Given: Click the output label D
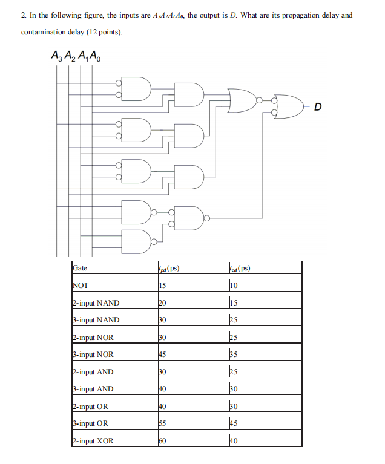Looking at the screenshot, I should (x=319, y=108).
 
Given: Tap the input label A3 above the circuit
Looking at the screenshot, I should (x=57, y=59).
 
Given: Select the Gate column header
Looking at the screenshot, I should (x=79, y=267).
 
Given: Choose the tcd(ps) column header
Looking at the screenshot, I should (x=240, y=268).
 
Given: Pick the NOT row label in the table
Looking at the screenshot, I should (x=80, y=285).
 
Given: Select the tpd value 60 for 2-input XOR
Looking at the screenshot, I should (x=162, y=441).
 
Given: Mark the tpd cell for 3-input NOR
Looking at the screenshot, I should (x=162, y=355).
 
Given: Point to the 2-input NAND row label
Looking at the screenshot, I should (x=96, y=302).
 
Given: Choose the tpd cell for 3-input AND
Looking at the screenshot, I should (x=162, y=389).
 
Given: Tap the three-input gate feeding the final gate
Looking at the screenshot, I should (x=242, y=99).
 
